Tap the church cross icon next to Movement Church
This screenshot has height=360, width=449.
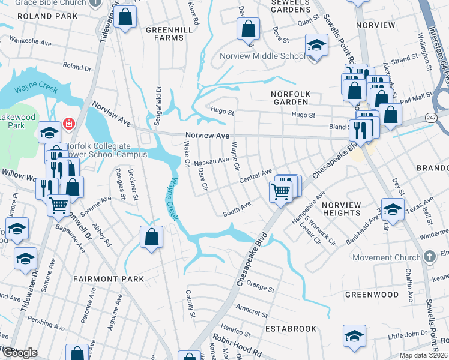pyautogui.click(x=429, y=257)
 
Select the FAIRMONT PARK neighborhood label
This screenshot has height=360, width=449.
pyautogui.click(x=109, y=279)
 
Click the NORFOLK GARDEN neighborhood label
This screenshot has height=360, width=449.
pyautogui.click(x=294, y=95)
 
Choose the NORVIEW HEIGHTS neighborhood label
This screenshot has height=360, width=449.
pyautogui.click(x=342, y=209)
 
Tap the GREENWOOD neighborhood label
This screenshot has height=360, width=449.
pyautogui.click(x=372, y=295)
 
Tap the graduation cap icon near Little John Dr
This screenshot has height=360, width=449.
pyautogui.click(x=354, y=336)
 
